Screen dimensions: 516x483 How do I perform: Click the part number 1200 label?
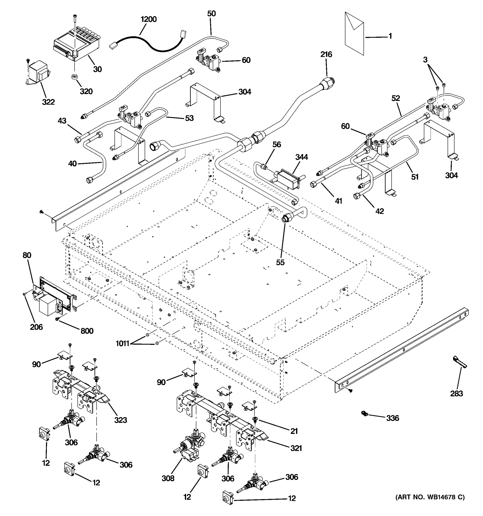[149, 19]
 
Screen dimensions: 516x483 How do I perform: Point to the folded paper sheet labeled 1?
[354, 34]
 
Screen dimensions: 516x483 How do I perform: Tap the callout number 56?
[277, 144]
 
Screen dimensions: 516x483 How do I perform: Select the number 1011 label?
[122, 343]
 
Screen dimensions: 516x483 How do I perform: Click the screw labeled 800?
[58, 319]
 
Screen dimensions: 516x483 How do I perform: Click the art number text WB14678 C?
[430, 497]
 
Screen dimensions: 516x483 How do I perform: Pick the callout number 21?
[294, 431]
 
